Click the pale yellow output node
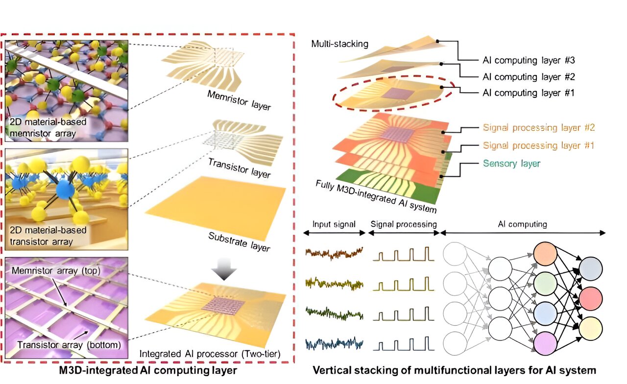[590, 329]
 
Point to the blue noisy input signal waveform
[334, 345]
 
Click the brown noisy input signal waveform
[334, 254]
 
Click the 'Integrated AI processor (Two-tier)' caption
[210, 354]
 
